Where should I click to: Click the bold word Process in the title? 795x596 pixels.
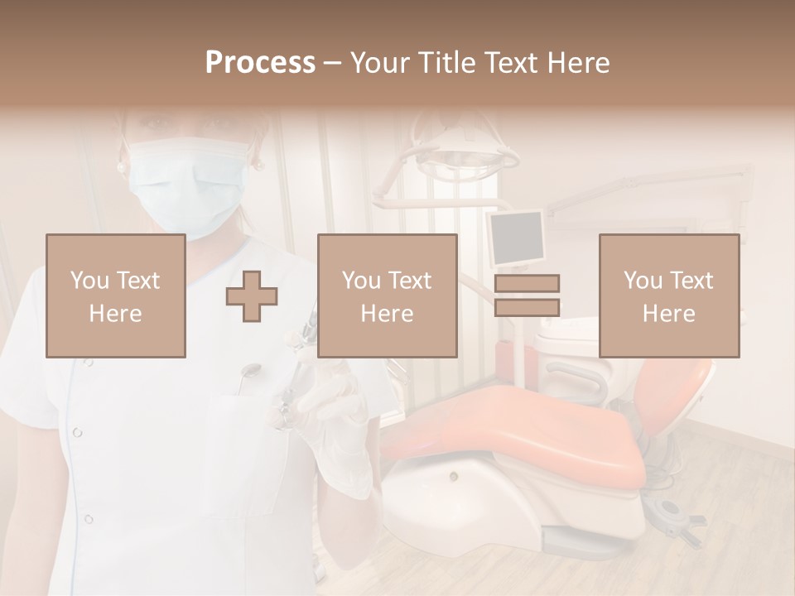(260, 63)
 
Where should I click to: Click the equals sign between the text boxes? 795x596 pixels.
(527, 296)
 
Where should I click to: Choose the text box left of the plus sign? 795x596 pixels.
(115, 296)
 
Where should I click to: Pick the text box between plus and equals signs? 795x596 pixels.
(387, 296)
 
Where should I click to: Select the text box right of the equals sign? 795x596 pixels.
(668, 296)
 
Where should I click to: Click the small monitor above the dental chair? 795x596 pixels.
(515, 238)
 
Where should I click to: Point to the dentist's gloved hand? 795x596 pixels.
(331, 414)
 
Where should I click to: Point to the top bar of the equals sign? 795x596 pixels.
(527, 283)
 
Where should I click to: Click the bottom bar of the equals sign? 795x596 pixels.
(527, 308)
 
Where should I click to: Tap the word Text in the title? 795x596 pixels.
(510, 63)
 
